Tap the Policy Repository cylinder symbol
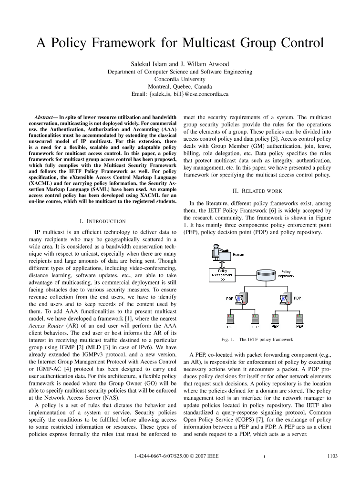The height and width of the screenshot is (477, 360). pyautogui.click(x=261, y=275)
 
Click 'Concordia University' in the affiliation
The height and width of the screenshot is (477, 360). pyautogui.click(x=180, y=79)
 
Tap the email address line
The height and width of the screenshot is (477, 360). pyautogui.click(x=180, y=94)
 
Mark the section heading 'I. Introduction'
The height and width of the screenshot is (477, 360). pyautogui.click(x=103, y=221)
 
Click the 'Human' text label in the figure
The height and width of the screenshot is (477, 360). pyautogui.click(x=238, y=255)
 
